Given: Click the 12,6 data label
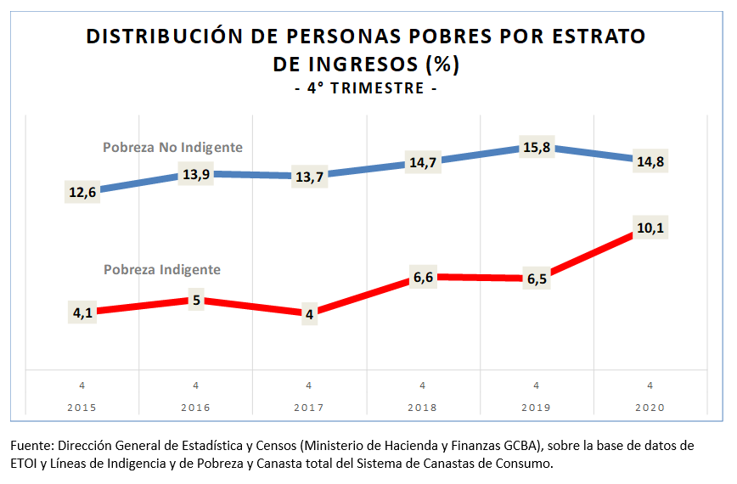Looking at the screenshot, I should [x=82, y=191].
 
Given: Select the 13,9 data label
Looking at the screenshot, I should [x=196, y=173].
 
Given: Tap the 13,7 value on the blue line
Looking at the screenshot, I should [x=309, y=177].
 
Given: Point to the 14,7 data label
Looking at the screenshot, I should [x=423, y=163].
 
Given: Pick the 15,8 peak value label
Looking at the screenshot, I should [x=536, y=148].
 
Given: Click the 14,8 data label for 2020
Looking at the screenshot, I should [x=649, y=161].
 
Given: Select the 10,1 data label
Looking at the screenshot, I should [x=649, y=228].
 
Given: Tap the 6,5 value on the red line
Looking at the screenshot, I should [x=536, y=279].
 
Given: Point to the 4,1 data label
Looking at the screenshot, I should [x=82, y=312].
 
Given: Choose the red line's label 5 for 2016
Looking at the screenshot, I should [x=196, y=300].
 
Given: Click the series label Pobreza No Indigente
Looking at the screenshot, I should [x=172, y=147].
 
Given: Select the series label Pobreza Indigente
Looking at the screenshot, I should [x=161, y=269].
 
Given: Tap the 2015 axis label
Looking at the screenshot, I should [x=82, y=407].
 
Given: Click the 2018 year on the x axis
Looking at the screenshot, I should [x=423, y=407].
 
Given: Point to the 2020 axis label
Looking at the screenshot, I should [x=649, y=407].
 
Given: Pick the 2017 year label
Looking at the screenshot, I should [x=309, y=407].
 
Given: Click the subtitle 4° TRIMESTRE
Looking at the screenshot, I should [x=366, y=88].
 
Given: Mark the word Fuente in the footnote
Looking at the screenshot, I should [x=31, y=445].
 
